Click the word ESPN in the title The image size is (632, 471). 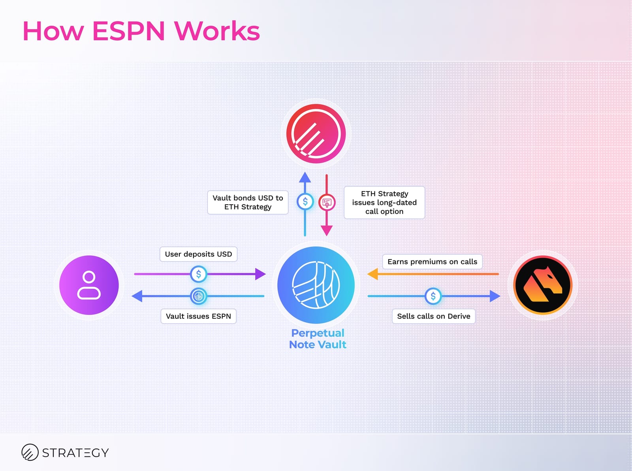click(x=128, y=31)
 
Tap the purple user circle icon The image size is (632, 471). click(x=89, y=285)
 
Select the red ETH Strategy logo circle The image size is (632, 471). click(x=316, y=134)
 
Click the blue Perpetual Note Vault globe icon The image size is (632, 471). click(x=316, y=285)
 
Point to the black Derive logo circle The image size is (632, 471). click(x=543, y=285)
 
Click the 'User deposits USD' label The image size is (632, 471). click(x=198, y=254)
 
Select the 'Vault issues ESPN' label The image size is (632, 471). click(x=198, y=316)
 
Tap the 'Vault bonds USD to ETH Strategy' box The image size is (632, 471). click(x=248, y=202)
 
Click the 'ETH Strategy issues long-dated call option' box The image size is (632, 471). click(x=384, y=202)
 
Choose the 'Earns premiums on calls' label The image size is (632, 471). click(x=432, y=262)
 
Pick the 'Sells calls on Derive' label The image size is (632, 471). click(x=433, y=316)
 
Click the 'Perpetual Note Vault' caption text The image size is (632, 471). click(x=318, y=339)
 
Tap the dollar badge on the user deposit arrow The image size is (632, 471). click(x=198, y=274)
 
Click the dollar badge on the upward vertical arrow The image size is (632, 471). click(x=305, y=202)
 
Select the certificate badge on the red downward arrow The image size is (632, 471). click(x=327, y=203)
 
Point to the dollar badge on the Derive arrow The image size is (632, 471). click(x=433, y=296)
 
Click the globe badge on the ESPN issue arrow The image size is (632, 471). click(x=198, y=296)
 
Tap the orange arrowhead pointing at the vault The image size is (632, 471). click(x=372, y=274)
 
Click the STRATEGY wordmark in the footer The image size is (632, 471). click(x=75, y=452)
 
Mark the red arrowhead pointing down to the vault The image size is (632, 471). click(x=326, y=230)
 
